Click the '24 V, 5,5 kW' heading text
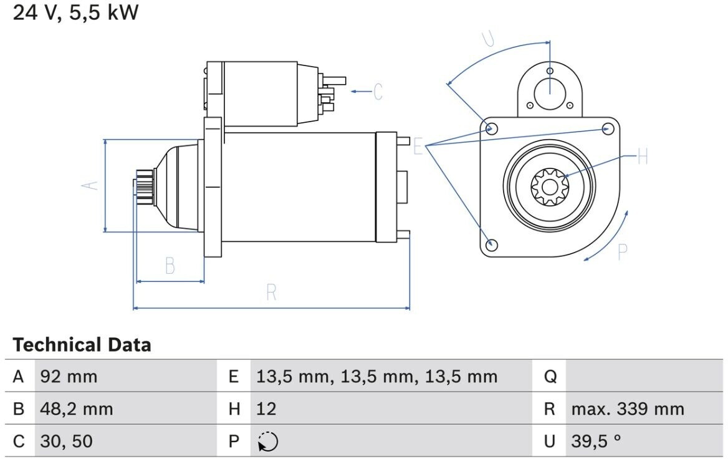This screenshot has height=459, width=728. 75,12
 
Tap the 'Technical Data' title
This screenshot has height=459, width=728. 82,345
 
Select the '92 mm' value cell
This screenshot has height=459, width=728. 69,376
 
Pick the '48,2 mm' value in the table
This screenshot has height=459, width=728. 77,409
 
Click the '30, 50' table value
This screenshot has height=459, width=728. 67,442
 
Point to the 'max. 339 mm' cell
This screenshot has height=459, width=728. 628,409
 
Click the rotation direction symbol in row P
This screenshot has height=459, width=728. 268,442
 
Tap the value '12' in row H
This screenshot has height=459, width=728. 266,409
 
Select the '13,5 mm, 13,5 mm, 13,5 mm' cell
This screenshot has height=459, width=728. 376,377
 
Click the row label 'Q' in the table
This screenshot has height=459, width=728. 550,377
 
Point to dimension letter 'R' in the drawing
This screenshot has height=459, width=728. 272,292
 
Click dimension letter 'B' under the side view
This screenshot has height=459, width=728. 170,266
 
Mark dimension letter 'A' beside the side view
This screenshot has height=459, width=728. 90,185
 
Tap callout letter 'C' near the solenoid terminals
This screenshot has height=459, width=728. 378,92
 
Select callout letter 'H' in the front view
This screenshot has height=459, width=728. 643,157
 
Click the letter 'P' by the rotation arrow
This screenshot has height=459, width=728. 623,252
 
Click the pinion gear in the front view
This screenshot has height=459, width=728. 550,187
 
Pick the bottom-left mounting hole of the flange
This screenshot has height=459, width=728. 491,245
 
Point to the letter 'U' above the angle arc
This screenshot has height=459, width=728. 487,39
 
